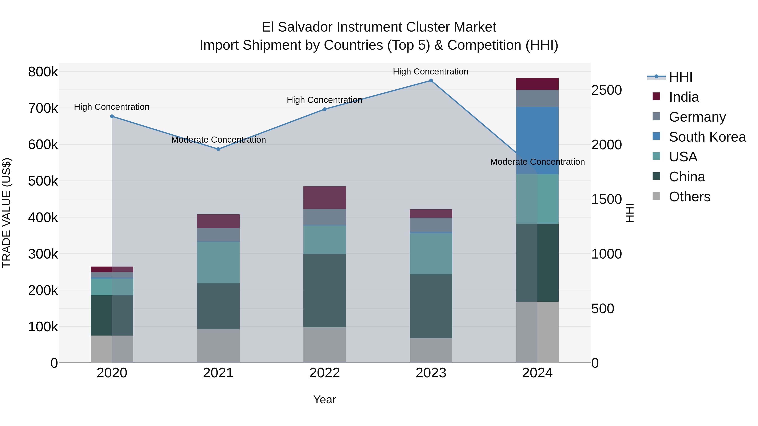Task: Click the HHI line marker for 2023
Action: point(431,81)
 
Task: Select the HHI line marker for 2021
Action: point(218,149)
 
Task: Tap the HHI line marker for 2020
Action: point(112,116)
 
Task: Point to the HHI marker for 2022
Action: point(324,109)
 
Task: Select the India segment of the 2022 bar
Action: point(324,198)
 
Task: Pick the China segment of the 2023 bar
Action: point(431,306)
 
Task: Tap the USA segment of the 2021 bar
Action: point(218,262)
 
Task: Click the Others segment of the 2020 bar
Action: point(112,349)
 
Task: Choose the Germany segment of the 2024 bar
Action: point(537,98)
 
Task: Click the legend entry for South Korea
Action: point(707,137)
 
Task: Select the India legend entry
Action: point(683,97)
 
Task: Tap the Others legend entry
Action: point(689,197)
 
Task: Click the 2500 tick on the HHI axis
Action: point(606,90)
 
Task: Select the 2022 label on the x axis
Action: point(324,373)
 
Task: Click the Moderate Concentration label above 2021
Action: point(218,140)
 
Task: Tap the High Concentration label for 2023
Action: point(431,72)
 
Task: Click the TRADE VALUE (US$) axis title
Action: point(7,213)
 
